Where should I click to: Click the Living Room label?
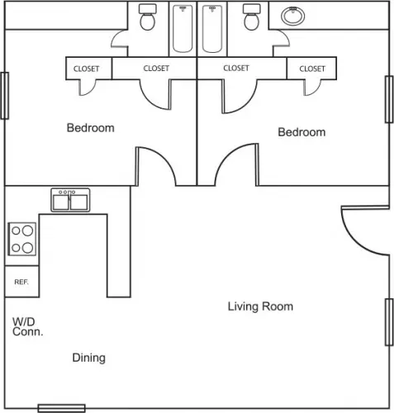260,306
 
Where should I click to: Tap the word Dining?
88,358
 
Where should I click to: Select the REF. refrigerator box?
22,282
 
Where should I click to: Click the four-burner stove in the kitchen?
22,239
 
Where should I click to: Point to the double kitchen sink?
70,200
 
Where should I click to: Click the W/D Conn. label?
27,326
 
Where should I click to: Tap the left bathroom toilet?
148,17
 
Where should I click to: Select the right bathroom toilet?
252,17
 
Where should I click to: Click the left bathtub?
183,29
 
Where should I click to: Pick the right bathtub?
212,29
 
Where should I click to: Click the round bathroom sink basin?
293,16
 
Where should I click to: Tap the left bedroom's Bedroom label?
91,128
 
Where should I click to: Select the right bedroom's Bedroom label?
301,132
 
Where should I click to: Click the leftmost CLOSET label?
86,69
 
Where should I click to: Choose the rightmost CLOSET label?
312,69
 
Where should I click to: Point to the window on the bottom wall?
62,408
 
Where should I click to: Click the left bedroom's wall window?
5,96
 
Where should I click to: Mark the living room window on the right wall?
389,322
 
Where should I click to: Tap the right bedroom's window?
389,99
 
